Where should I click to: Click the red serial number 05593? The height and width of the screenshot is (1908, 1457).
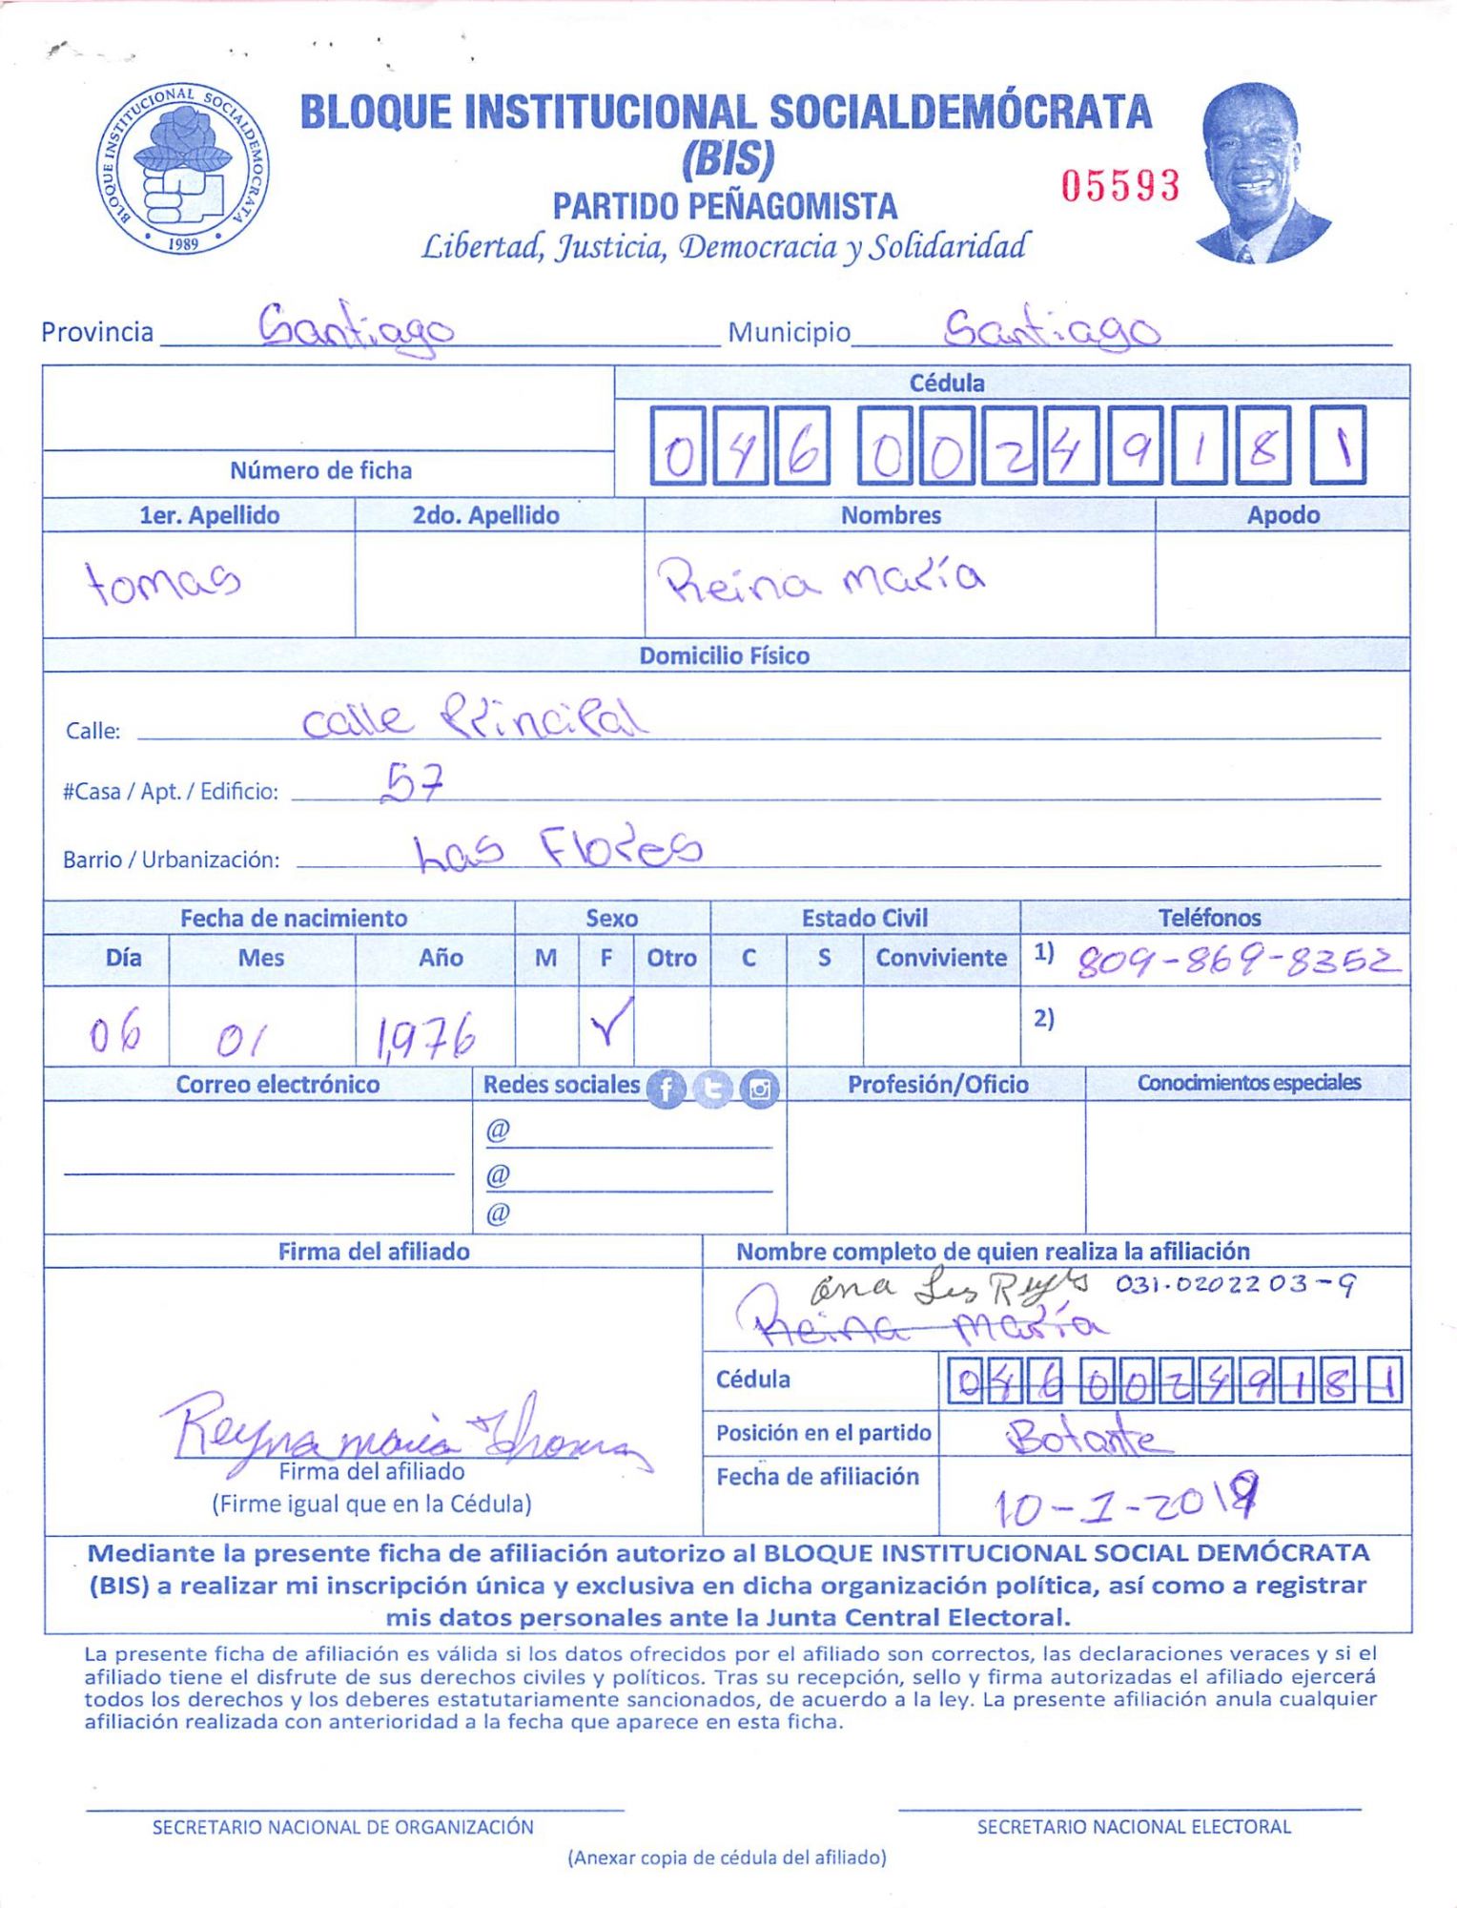click(1120, 185)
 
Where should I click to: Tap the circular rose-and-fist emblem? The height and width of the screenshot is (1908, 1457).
click(182, 169)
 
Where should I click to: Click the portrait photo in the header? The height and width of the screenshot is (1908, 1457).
click(1260, 173)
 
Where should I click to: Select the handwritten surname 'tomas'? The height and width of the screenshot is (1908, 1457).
click(163, 581)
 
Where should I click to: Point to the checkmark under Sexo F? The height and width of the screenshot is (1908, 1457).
click(609, 1022)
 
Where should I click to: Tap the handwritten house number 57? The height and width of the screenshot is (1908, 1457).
click(412, 783)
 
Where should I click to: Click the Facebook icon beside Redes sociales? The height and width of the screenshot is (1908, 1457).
click(666, 1088)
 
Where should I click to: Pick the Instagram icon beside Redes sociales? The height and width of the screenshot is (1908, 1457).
click(759, 1088)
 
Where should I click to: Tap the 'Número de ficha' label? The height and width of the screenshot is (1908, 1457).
click(320, 470)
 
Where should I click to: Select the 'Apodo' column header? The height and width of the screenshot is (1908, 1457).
click(1283, 515)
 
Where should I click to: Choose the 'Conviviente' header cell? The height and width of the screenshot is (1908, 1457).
click(940, 958)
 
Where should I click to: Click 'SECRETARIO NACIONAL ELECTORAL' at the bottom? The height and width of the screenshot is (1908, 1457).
click(1133, 1826)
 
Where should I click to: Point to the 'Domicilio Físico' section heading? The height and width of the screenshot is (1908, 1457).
click(724, 655)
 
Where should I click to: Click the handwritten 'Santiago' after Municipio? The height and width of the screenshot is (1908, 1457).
click(1051, 330)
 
